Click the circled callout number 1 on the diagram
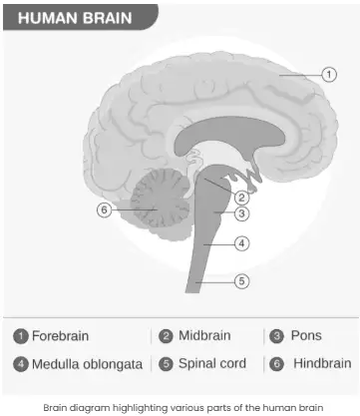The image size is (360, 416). pos(329,74)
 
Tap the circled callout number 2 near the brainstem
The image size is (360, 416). pos(241,198)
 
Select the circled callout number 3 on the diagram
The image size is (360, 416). pos(241,213)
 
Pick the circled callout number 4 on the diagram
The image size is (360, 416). pos(241,243)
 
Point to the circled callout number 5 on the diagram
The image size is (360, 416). pos(241,281)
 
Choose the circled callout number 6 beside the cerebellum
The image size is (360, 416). pos(104,210)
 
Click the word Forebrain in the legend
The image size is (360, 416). pos(60,336)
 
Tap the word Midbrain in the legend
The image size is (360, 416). pos(204,335)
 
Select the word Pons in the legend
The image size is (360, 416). pos(306,335)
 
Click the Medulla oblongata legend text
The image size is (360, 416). pos(87,364)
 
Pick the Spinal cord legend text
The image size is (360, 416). pos(212,363)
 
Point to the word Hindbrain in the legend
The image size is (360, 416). pos(322,363)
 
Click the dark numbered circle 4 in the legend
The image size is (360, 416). pos(21,364)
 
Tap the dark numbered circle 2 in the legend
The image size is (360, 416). pos(166,336)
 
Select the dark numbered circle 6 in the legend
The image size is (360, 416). pos(276,364)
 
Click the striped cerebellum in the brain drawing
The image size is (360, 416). pos(159,199)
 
